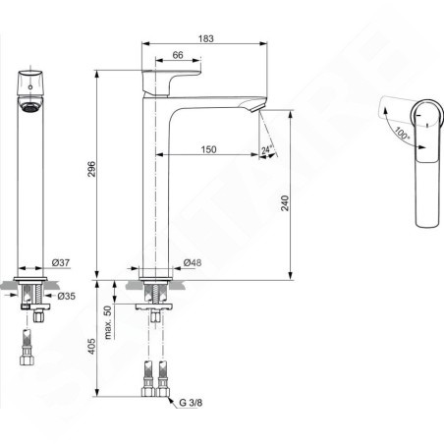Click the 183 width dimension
(206, 38)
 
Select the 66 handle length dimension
(178, 55)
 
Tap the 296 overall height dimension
(91, 169)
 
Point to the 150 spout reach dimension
(208, 149)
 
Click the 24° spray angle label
(267, 149)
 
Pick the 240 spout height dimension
(285, 203)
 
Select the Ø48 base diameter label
(193, 262)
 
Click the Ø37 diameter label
(61, 262)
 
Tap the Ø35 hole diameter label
(66, 296)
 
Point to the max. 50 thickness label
(108, 322)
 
